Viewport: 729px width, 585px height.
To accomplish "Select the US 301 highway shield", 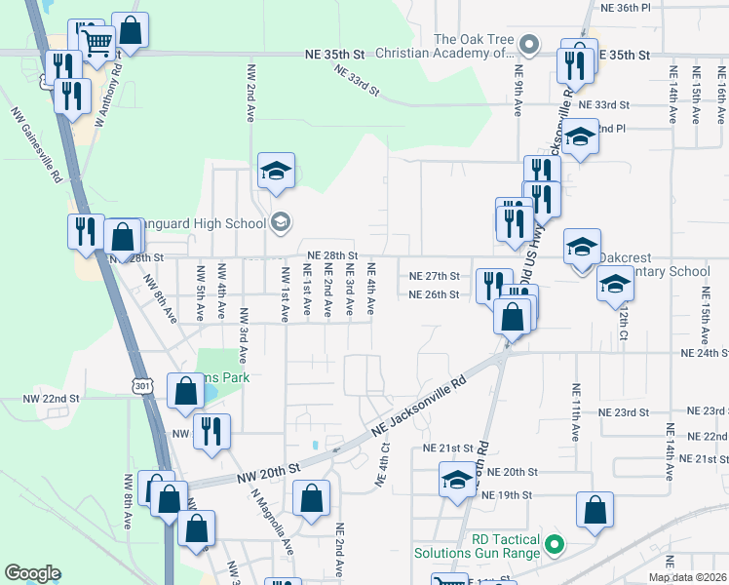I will (142, 387).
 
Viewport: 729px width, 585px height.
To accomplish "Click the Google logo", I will (33, 572).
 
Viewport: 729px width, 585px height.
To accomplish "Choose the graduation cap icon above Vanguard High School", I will (276, 171).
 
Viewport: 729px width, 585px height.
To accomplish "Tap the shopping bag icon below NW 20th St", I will (311, 500).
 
